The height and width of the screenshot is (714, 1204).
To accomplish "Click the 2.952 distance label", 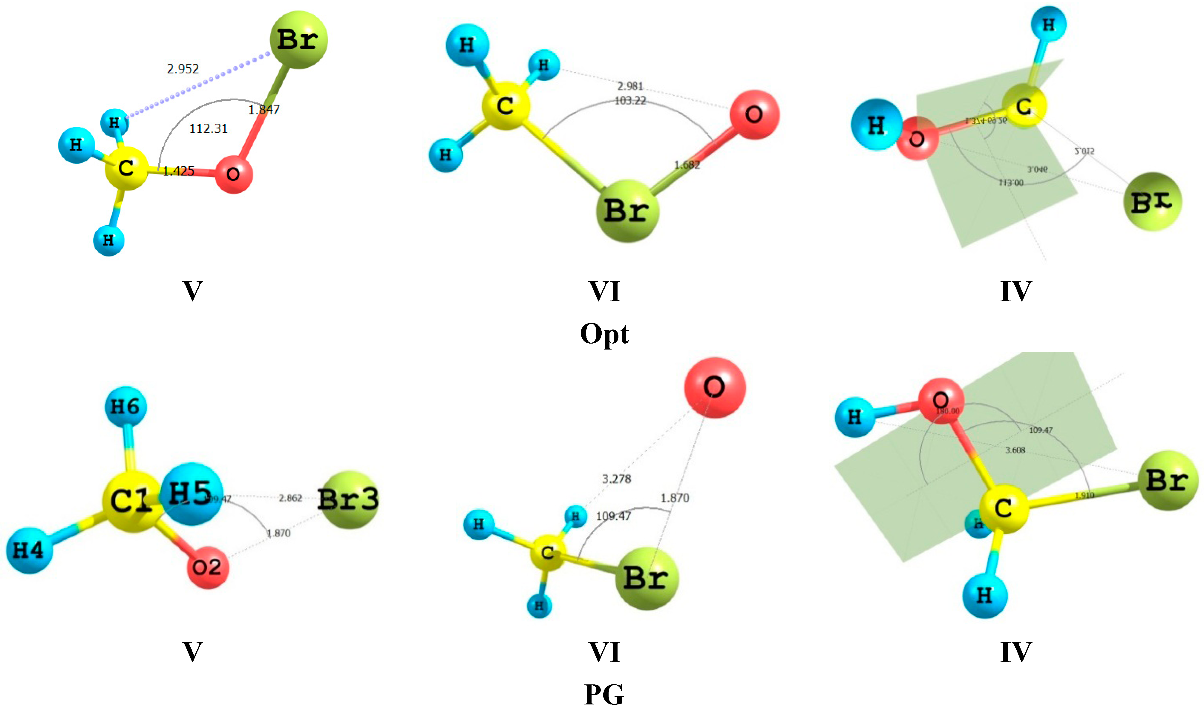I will click(x=183, y=69).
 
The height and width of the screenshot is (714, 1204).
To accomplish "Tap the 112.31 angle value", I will click(x=208, y=128).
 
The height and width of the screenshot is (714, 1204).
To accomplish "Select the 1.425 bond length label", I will click(x=178, y=171).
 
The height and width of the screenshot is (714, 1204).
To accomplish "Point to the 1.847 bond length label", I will click(x=264, y=110).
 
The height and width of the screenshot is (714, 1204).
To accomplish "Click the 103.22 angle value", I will click(x=630, y=101).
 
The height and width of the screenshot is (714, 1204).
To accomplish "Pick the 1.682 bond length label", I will click(x=687, y=165).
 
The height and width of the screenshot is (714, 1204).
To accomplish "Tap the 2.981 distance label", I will click(x=630, y=86).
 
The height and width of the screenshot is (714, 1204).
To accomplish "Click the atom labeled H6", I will click(x=125, y=407).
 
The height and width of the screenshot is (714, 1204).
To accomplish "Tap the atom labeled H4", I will click(x=29, y=550).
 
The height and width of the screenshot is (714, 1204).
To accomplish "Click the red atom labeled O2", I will click(x=207, y=568).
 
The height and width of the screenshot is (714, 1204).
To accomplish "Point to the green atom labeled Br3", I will click(x=349, y=500).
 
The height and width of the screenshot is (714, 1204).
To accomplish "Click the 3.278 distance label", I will click(x=616, y=479).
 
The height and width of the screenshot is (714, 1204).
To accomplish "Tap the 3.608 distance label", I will click(x=1015, y=450).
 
